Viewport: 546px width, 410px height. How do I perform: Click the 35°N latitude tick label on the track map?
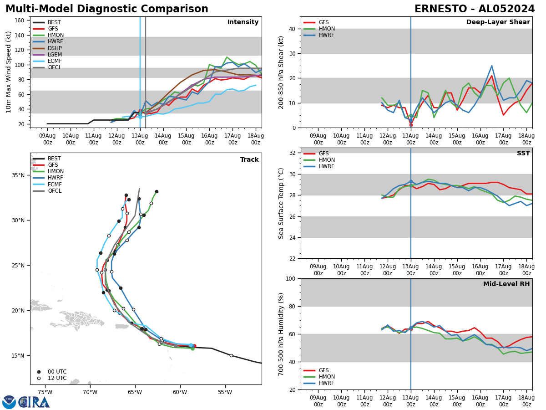18,175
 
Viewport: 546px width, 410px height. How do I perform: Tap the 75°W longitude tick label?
45,392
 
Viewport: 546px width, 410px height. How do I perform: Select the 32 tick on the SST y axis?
293,153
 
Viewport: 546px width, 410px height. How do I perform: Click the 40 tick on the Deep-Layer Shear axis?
293,29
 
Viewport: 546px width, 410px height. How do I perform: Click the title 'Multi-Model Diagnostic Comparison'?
107,9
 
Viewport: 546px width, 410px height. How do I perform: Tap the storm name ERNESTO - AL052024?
475,9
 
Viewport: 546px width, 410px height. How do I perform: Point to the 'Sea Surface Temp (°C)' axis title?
281,203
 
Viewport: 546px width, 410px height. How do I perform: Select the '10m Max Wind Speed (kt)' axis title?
8,72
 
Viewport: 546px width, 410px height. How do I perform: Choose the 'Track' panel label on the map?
249,160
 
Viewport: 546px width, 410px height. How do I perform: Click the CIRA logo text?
34,402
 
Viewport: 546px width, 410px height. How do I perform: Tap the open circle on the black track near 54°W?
231,355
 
